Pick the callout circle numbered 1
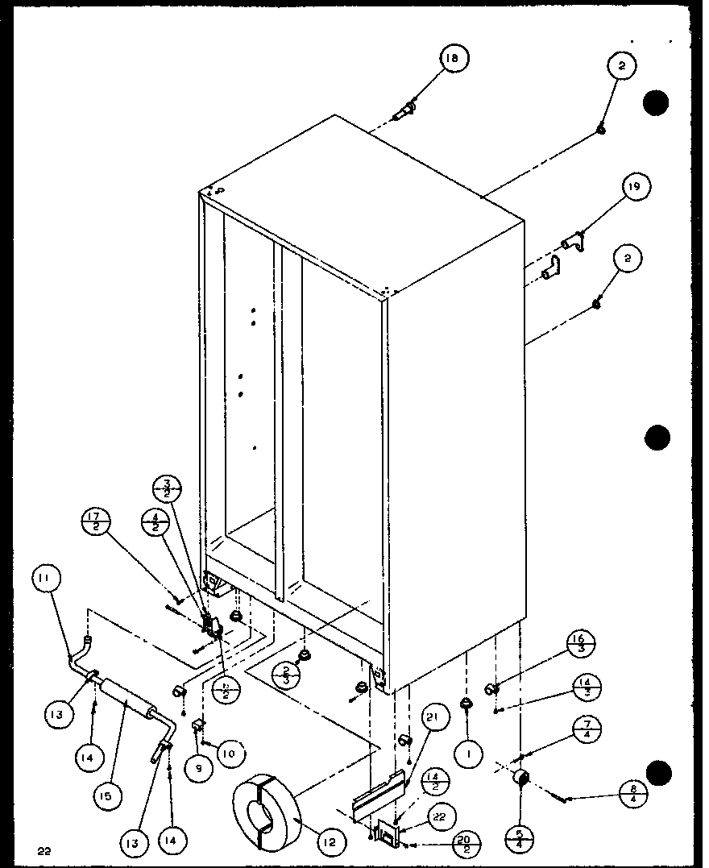[x=468, y=753]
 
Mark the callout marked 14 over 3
[x=587, y=689]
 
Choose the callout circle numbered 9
[x=198, y=768]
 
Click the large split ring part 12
[x=265, y=805]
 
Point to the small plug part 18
[x=405, y=110]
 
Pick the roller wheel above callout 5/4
[x=520, y=777]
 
